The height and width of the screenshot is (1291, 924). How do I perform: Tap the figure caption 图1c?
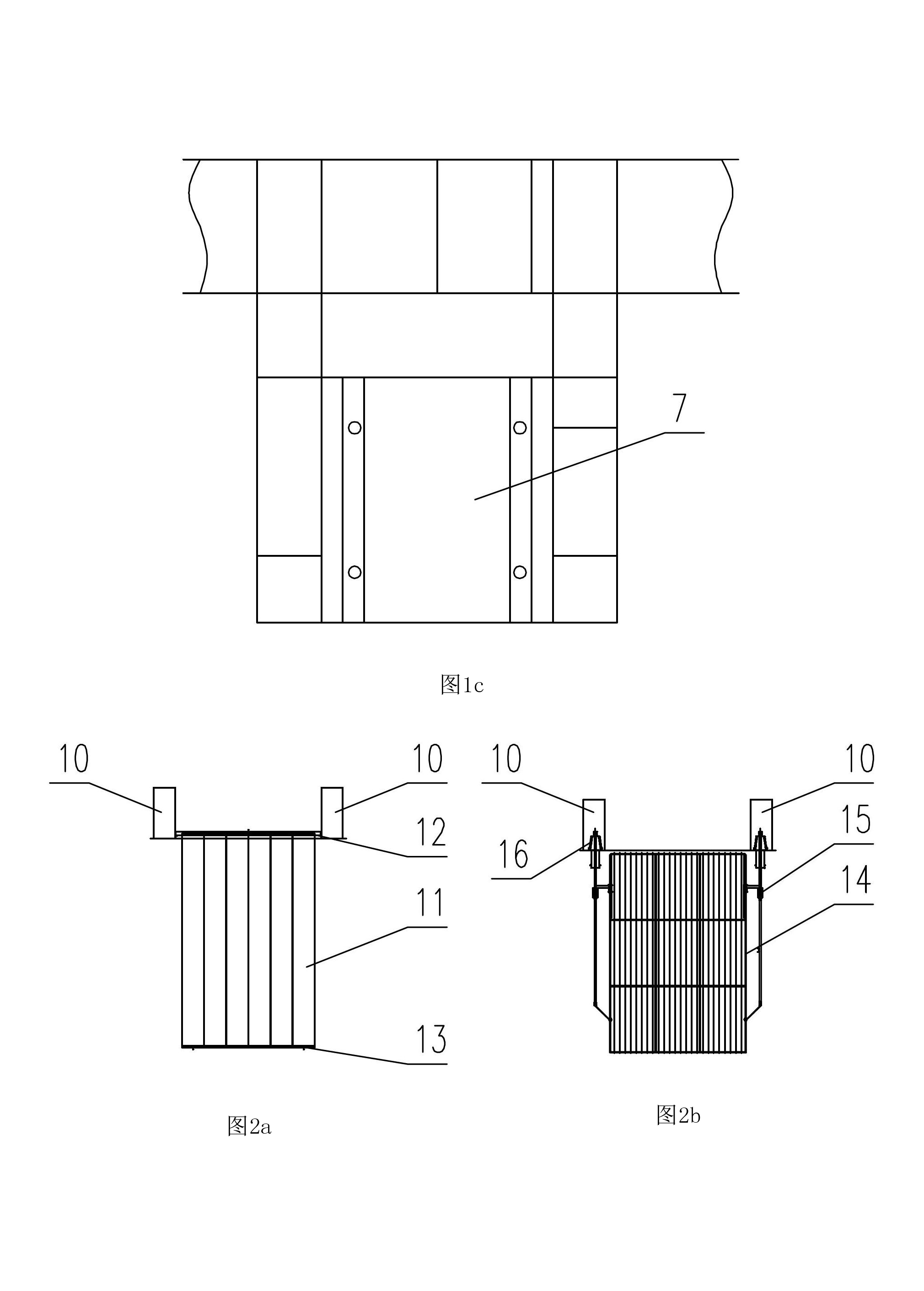click(x=462, y=684)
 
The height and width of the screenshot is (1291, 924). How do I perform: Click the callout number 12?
click(x=431, y=832)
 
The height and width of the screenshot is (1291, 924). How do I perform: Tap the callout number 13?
click(x=431, y=1039)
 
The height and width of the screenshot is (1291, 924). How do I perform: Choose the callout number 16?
click(x=513, y=854)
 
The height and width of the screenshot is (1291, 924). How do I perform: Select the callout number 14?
click(x=856, y=880)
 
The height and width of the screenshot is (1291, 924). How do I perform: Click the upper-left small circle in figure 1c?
click(x=355, y=427)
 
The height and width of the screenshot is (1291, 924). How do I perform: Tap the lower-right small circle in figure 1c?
click(x=520, y=571)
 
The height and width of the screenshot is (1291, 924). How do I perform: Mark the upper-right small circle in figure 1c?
click(x=520, y=427)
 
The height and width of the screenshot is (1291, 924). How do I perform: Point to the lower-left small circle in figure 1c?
click(x=355, y=571)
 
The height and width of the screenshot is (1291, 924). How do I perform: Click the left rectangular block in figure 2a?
click(x=164, y=812)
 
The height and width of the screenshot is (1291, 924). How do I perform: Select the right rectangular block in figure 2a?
click(x=332, y=812)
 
